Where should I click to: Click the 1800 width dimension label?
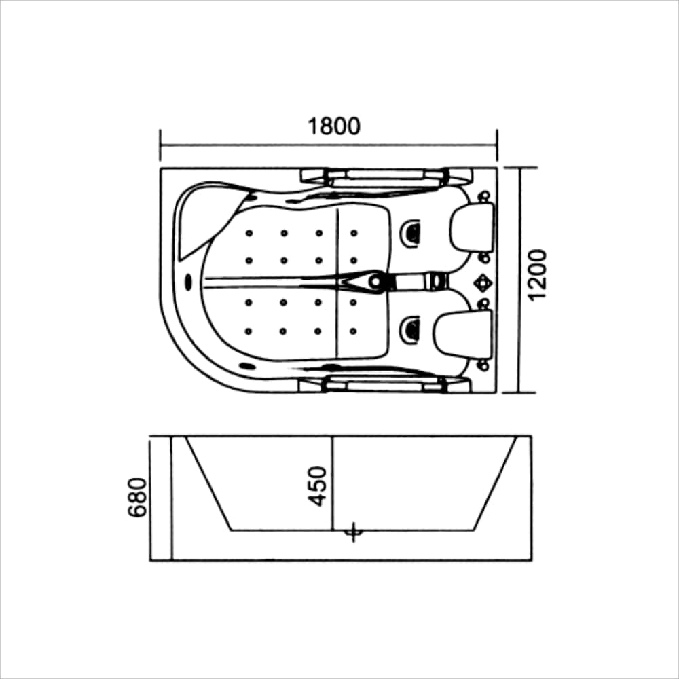click(x=333, y=127)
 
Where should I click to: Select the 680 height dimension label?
click(x=138, y=497)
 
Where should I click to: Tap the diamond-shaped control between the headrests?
click(x=483, y=280)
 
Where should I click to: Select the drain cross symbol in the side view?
click(x=352, y=532)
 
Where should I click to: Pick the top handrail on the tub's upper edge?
click(x=385, y=176)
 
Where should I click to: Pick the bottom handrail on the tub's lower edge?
click(x=385, y=386)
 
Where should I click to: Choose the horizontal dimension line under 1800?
click(x=329, y=145)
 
